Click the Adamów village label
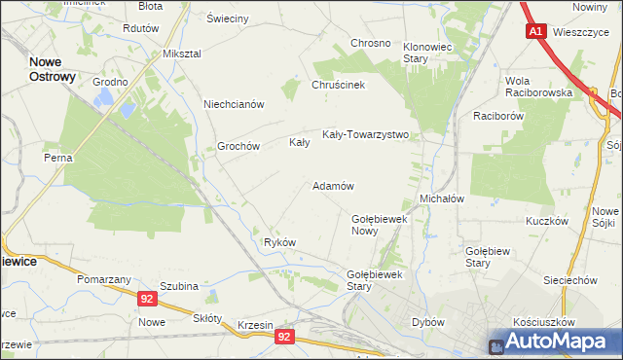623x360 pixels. (332, 185)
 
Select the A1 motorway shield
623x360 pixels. (536, 32)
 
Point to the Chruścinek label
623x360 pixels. (338, 85)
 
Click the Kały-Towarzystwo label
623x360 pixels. (365, 135)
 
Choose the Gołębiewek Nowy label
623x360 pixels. (378, 225)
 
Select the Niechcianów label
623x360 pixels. (234, 104)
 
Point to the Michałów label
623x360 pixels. (441, 198)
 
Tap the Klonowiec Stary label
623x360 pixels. (429, 52)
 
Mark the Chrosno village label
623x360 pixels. (370, 44)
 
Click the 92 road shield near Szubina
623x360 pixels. (146, 301)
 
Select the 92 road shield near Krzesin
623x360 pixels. (284, 337)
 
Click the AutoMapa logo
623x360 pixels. (555, 342)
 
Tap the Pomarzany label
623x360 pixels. (104, 278)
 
